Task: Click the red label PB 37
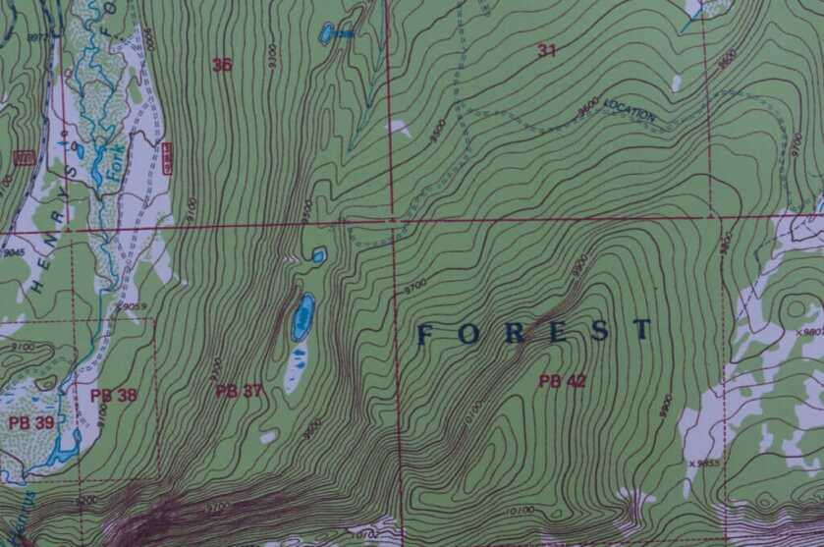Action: pos(240,391)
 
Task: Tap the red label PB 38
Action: pos(114,396)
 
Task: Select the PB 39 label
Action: pos(30,422)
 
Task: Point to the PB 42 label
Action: pos(562,381)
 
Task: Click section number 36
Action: pos(223,66)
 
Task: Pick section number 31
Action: pos(546,50)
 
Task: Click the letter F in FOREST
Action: pos(425,335)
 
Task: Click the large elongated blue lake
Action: pos(302,317)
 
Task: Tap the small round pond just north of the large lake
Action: pos(318,256)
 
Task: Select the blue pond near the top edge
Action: pos(327,34)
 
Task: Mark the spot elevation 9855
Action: pos(704,463)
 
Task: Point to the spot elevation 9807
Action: pos(809,332)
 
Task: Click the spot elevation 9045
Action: pos(13,252)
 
